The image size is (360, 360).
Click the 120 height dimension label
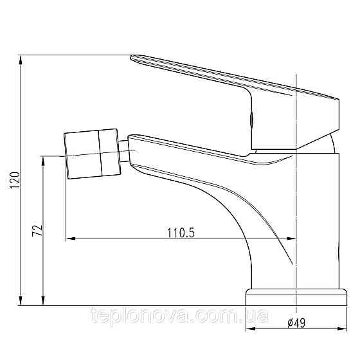coord(15,180)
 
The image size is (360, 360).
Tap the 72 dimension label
coord(37,230)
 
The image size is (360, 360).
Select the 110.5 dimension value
coord(181,233)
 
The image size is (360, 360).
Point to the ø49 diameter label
coord(296,323)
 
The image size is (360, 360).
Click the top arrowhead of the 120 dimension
coord(21,60)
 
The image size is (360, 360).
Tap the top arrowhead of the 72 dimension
coord(43,161)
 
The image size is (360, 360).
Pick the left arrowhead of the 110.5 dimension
coord(71,239)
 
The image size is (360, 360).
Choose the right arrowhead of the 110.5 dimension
coord(292,239)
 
